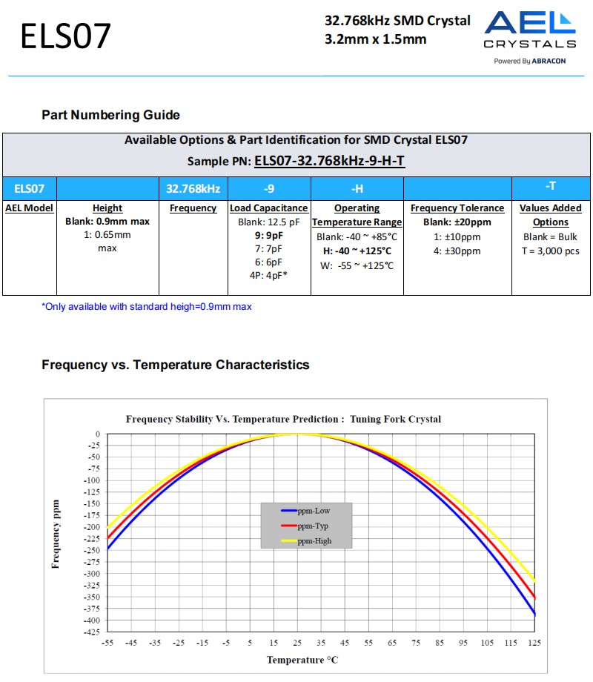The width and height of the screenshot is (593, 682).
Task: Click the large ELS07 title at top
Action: [x=65, y=36]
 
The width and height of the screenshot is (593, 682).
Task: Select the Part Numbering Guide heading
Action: [x=110, y=115]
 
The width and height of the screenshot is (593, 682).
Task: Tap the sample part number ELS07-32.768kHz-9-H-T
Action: [x=329, y=161]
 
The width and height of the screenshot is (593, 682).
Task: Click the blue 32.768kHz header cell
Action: [x=193, y=188]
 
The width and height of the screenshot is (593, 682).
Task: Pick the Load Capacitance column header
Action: [x=268, y=208]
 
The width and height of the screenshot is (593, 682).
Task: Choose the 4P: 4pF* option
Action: [x=268, y=275]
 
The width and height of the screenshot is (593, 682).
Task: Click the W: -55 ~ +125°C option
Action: [x=357, y=265]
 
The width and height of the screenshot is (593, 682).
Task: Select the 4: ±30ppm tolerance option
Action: [x=457, y=251]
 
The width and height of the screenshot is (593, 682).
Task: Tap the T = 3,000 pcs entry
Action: [x=550, y=251]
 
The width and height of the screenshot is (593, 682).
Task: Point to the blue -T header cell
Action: [x=550, y=187]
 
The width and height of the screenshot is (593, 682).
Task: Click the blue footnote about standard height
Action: [x=146, y=307]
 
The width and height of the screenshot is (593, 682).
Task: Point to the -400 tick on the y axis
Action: [x=91, y=620]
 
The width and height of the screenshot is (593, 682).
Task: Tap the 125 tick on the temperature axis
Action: [x=534, y=643]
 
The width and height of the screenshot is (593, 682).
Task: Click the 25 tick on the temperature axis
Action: [x=297, y=643]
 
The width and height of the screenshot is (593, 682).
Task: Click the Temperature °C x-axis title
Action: [x=302, y=660]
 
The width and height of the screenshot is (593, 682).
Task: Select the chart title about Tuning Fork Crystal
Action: [x=283, y=419]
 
